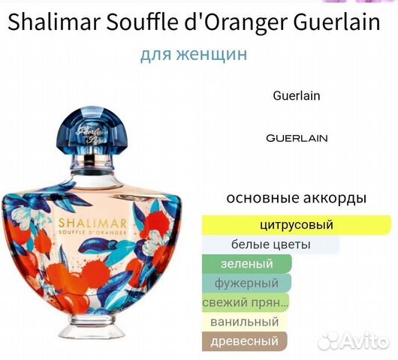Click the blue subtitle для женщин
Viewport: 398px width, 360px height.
click(x=194, y=55)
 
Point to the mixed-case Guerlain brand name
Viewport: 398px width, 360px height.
click(x=297, y=96)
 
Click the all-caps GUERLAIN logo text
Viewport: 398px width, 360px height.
click(x=297, y=138)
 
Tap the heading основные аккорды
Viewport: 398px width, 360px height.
click(x=296, y=199)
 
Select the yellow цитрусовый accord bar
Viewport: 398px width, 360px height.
click(x=296, y=224)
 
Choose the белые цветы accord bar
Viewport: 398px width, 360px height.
click(x=270, y=244)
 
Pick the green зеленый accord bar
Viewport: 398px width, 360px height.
click(x=247, y=263)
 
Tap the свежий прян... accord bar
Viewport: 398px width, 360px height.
click(x=245, y=302)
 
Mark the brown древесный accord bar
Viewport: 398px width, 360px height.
click(x=244, y=341)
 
